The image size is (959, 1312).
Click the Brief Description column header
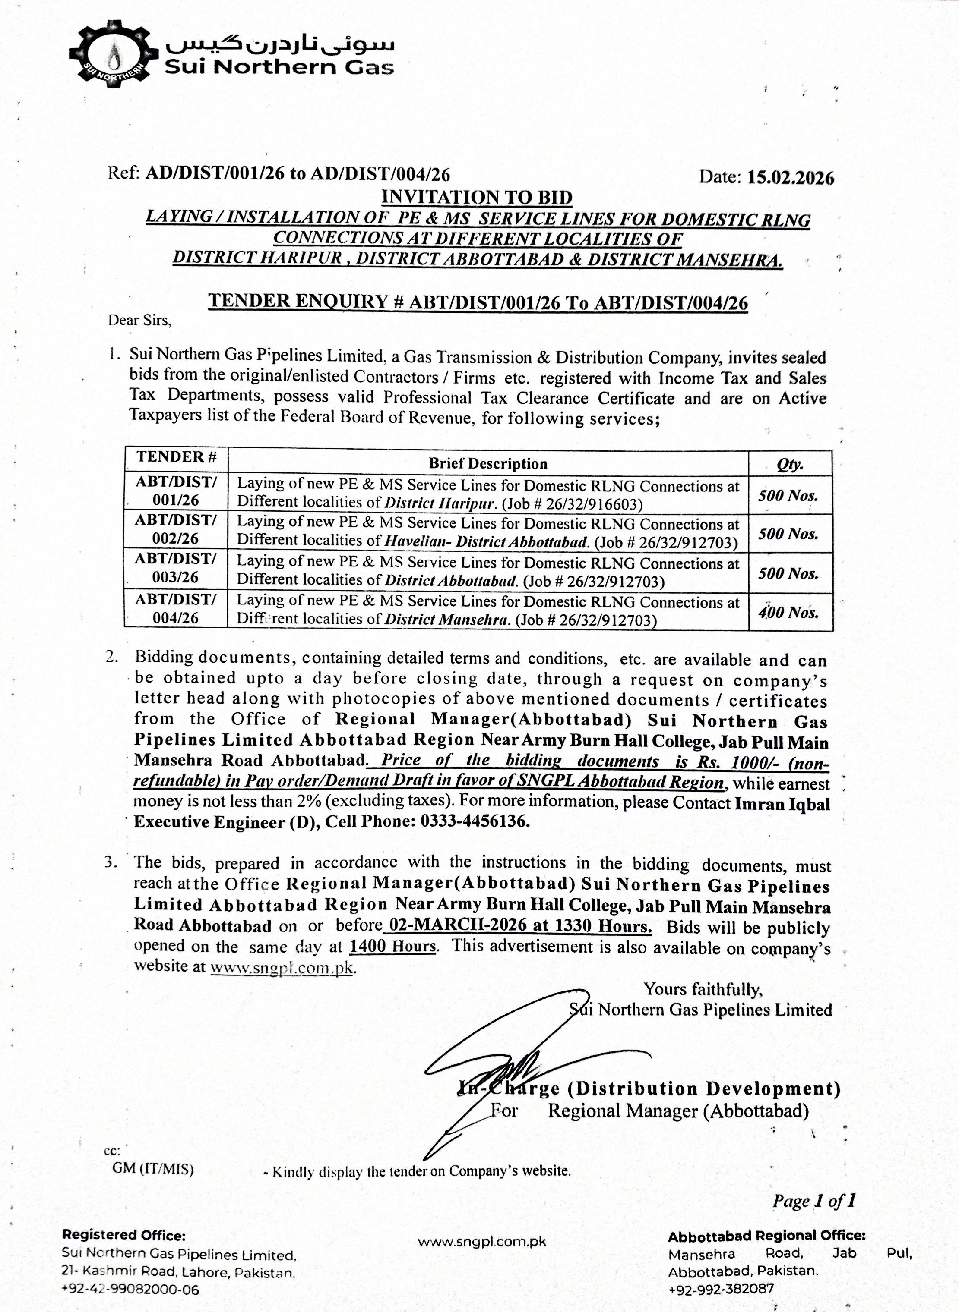[487, 463]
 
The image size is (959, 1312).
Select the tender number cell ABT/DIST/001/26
[176, 491]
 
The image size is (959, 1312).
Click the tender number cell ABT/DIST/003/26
[176, 568]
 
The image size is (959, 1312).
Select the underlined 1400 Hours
[392, 947]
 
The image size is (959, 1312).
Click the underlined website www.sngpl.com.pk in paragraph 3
[282, 967]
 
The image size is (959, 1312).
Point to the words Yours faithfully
[703, 989]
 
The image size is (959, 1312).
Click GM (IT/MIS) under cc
[153, 1168]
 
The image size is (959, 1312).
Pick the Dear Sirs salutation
[140, 320]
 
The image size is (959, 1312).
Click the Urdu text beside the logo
[279, 44]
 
